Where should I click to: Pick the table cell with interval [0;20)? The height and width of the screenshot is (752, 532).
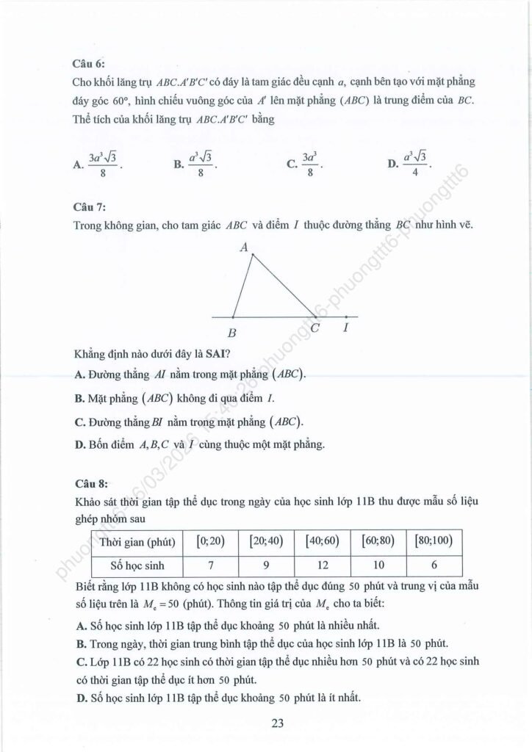[211, 542]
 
